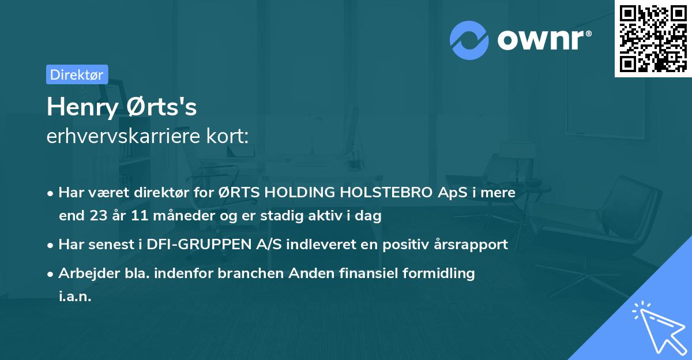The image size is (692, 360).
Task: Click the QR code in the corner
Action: pyautogui.click(x=653, y=39)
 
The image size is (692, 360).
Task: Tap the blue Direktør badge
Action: pyautogui.click(x=77, y=74)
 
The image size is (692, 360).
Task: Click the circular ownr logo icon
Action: pyautogui.click(x=469, y=40)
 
